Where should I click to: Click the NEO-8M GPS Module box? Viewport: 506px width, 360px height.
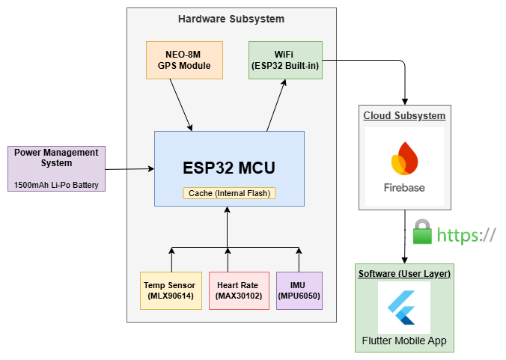pyautogui.click(x=184, y=60)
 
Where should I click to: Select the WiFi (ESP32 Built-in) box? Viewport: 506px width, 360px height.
pyautogui.click(x=285, y=60)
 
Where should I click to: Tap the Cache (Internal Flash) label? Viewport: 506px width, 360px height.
pyautogui.click(x=229, y=193)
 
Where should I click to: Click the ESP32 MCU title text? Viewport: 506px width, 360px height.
pyautogui.click(x=229, y=168)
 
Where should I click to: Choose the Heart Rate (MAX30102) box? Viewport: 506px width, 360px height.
pyautogui.click(x=237, y=290)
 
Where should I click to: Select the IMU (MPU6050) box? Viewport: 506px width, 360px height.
pyautogui.click(x=299, y=290)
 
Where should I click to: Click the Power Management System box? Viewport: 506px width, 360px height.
pyautogui.click(x=57, y=158)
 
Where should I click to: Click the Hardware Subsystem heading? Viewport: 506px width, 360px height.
pyautogui.click(x=231, y=19)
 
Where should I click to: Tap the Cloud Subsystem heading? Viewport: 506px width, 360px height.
pyautogui.click(x=404, y=115)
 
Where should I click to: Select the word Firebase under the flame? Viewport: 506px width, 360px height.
pyautogui.click(x=404, y=187)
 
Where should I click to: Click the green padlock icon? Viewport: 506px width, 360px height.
pyautogui.click(x=423, y=233)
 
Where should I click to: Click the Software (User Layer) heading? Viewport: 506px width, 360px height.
pyautogui.click(x=404, y=274)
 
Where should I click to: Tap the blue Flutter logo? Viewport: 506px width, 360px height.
pyautogui.click(x=404, y=307)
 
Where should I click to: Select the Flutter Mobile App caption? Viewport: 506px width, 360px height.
pyautogui.click(x=404, y=341)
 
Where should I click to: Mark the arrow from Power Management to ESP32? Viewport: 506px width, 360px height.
pyautogui.click(x=130, y=169)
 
